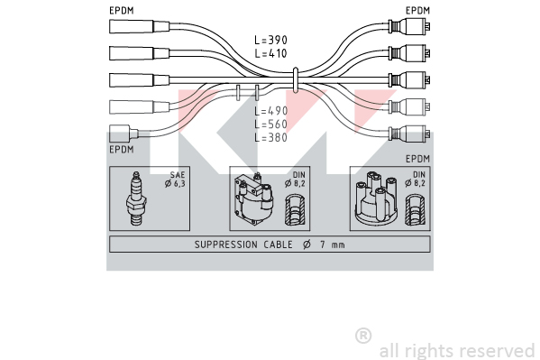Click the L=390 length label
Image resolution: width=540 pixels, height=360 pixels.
270,40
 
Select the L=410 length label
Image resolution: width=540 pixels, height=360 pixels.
270,53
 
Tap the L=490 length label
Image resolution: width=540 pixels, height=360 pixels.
270,111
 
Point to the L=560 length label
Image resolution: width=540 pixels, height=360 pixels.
270,124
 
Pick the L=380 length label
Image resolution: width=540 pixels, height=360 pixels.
270,137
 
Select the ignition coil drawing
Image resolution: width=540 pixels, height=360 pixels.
254,199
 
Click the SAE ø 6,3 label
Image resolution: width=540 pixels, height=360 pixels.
175,180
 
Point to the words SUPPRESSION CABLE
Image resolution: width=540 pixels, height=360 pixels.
243,245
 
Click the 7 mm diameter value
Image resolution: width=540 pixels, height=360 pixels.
333,245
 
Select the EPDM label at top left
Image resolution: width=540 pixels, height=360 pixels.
121,11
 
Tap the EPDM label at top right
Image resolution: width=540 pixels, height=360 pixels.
417,11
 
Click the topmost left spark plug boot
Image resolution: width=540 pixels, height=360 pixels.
139,26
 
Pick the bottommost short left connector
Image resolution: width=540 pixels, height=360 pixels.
124,134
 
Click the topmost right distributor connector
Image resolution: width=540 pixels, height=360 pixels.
409,26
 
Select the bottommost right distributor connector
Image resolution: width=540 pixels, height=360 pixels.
409,134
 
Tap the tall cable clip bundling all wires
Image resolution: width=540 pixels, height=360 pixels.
295,80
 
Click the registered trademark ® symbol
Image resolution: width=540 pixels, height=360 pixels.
363,336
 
